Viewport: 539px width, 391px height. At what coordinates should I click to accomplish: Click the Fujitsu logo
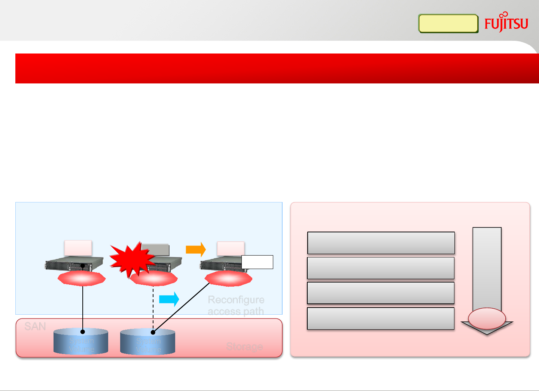pyautogui.click(x=506, y=23)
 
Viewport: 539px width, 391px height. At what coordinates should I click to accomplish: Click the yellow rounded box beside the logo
pyautogui.click(x=448, y=24)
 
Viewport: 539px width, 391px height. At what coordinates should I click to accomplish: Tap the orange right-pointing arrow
pyautogui.click(x=196, y=249)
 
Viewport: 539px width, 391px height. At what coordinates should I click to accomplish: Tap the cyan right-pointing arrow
pyautogui.click(x=169, y=299)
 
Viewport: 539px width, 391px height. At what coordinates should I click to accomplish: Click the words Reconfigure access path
pyautogui.click(x=236, y=305)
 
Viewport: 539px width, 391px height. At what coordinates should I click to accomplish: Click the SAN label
pyautogui.click(x=35, y=327)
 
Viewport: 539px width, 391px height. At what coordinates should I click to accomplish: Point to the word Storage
pyautogui.click(x=244, y=346)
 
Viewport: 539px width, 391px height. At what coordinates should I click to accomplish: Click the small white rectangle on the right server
pyautogui.click(x=257, y=262)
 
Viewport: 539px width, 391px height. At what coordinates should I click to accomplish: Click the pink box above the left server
pyautogui.click(x=78, y=248)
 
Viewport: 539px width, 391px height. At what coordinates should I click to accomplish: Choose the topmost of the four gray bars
pyautogui.click(x=381, y=243)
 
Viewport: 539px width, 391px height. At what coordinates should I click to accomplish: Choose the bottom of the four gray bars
pyautogui.click(x=381, y=318)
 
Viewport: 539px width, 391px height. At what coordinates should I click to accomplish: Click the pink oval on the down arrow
pyautogui.click(x=487, y=318)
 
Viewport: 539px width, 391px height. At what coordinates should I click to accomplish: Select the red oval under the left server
pyautogui.click(x=82, y=278)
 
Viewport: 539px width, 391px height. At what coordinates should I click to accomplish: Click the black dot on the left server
pyautogui.click(x=83, y=266)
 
